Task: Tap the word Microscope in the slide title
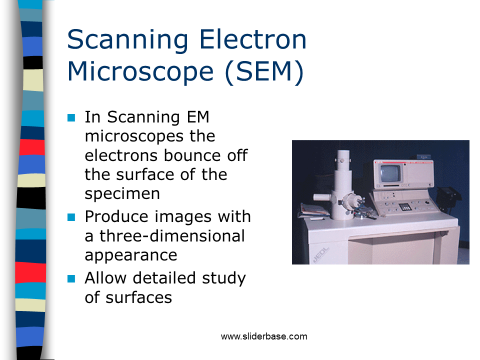point(140,71)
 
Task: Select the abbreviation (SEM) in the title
point(264,72)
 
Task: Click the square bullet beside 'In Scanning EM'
point(71,117)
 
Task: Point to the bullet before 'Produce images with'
point(71,217)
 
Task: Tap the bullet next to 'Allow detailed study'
point(71,278)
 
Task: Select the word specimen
point(122,194)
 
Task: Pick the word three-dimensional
point(172,236)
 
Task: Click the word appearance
point(131,255)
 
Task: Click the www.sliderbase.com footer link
point(264,336)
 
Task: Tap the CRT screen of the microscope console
point(389,173)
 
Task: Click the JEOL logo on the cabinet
point(321,255)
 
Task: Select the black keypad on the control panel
point(405,206)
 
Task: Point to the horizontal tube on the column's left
point(322,197)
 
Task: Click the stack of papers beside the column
point(313,210)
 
